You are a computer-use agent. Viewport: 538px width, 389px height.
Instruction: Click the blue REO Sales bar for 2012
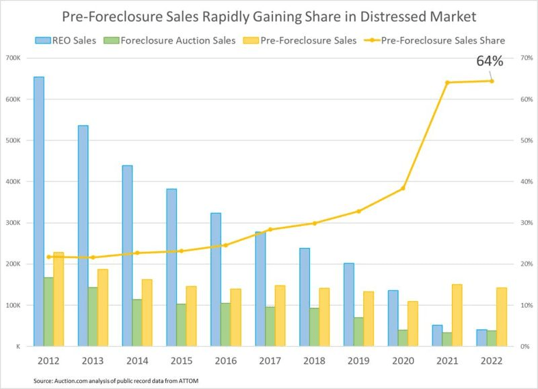[39, 212]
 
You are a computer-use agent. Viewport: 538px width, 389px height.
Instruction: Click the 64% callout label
[490, 61]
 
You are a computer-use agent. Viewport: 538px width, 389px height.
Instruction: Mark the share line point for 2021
[447, 83]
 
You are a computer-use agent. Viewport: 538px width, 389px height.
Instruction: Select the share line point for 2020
[403, 188]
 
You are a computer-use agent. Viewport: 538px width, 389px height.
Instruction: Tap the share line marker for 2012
[49, 257]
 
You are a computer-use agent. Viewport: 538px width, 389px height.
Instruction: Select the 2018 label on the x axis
[315, 360]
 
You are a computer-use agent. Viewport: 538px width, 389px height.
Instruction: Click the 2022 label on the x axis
[491, 360]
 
